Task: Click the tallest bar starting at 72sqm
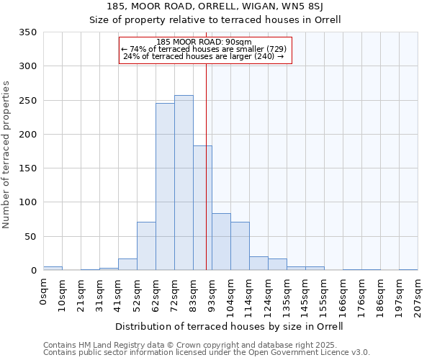tap(184, 183)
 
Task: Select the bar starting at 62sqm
tap(165, 187)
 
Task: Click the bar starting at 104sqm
tap(240, 246)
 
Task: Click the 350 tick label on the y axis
tap(28, 32)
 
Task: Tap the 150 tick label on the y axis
tap(28, 168)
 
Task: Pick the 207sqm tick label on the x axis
tap(418, 296)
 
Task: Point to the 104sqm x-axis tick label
tap(231, 296)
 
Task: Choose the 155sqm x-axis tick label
tap(325, 296)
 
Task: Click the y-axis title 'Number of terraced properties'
tap(6, 155)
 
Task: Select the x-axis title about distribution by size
tap(229, 326)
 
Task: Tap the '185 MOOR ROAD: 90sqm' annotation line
tap(204, 42)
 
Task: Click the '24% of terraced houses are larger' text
tap(204, 56)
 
